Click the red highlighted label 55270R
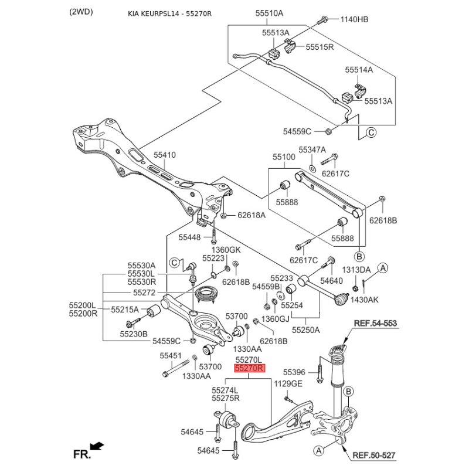tap(250, 369)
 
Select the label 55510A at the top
tap(269, 13)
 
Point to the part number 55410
tap(165, 155)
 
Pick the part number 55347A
tap(312, 150)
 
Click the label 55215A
tap(125, 309)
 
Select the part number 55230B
tap(134, 334)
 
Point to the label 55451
tap(171, 356)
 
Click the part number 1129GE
tap(288, 383)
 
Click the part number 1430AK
tap(365, 300)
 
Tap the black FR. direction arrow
tap(97, 447)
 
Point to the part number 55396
tap(294, 372)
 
